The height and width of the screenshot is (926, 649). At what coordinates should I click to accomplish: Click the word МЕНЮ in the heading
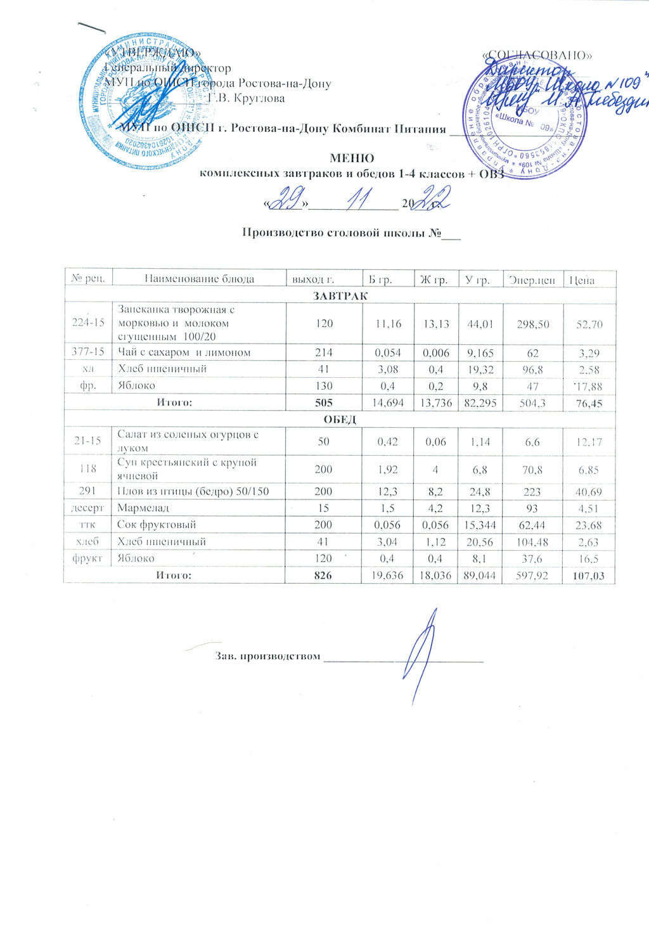point(352,158)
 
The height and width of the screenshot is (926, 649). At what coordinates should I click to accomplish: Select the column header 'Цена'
point(582,279)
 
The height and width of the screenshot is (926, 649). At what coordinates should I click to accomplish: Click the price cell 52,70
point(589,325)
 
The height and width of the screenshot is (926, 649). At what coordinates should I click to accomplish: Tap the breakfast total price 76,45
point(589,403)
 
